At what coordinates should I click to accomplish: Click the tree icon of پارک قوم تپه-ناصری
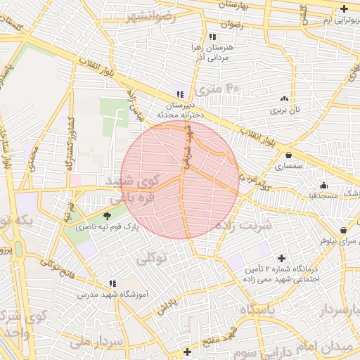tap(107, 216)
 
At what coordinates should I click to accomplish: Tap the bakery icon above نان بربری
tap(284, 99)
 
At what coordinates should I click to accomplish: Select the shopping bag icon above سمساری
tap(288, 155)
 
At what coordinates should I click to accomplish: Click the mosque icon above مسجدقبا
tap(323, 185)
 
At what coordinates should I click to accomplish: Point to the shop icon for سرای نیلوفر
tap(342, 230)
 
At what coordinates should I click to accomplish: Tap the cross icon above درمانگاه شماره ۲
tap(283, 258)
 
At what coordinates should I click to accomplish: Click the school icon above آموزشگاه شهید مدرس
tap(112, 283)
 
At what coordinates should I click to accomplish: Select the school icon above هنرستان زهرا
tap(212, 36)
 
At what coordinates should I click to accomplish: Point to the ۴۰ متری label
tap(218, 90)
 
